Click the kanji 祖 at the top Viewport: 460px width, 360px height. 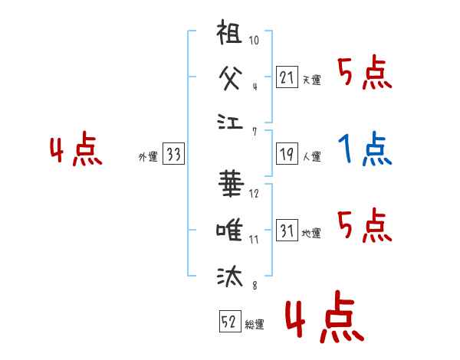231,35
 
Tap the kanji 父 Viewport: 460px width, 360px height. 231,77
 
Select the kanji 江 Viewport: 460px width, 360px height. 231,121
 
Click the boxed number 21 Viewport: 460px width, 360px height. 287,77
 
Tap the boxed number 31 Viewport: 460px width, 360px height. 287,231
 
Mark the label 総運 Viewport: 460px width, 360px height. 254,325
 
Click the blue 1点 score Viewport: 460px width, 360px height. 365,150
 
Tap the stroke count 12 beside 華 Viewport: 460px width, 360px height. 254,194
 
